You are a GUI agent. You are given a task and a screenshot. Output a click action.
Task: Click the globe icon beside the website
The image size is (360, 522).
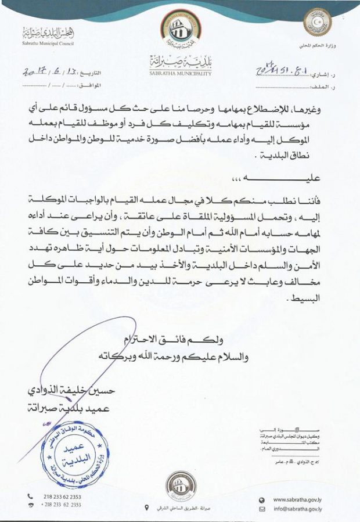262,499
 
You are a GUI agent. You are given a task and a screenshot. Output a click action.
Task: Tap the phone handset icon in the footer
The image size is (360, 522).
30,497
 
